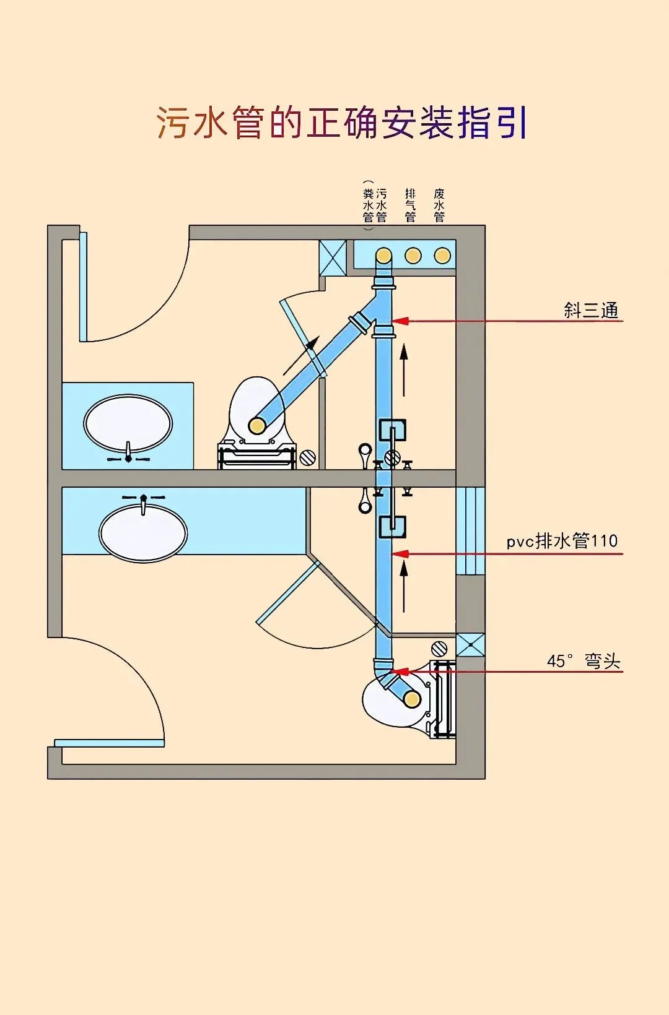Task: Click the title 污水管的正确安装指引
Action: point(341,123)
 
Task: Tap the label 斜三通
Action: point(591,310)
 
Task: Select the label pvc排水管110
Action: point(562,541)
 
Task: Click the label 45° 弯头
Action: point(583,661)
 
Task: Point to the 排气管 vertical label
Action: point(410,205)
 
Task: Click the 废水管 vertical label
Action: point(439,205)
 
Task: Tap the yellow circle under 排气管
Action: point(413,256)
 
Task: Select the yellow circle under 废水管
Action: point(442,256)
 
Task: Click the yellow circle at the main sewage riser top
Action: point(384,256)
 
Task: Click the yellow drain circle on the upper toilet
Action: point(257,425)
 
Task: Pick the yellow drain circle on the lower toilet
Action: point(412,699)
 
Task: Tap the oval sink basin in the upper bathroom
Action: point(128,423)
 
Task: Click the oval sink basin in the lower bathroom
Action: point(143,533)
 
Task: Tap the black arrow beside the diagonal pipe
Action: point(302,355)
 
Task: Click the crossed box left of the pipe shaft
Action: point(333,257)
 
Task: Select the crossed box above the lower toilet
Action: point(471,645)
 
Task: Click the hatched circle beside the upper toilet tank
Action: point(307,458)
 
